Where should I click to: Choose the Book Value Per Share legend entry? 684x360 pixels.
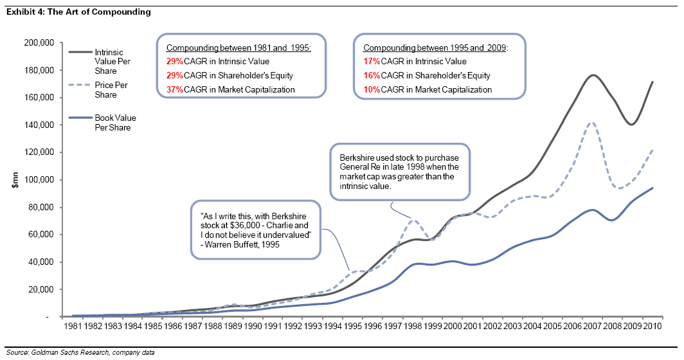pyautogui.click(x=115, y=123)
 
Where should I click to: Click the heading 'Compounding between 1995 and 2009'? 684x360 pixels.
pyautogui.click(x=435, y=48)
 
